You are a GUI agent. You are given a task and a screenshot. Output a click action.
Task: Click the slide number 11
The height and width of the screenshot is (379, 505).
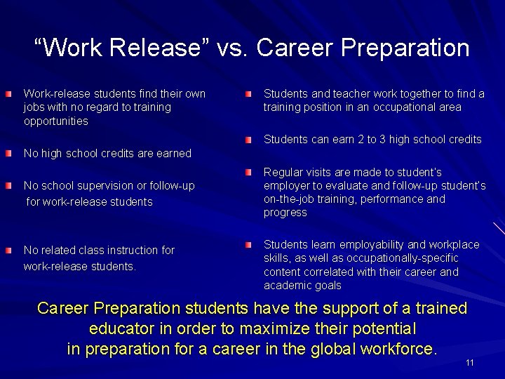click(470, 363)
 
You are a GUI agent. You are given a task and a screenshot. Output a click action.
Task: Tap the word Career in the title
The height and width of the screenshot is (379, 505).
click(297, 48)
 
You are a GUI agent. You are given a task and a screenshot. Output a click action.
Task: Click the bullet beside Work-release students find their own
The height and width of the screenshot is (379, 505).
click(8, 93)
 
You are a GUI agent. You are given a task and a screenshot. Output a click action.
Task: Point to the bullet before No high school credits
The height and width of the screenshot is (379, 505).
click(8, 153)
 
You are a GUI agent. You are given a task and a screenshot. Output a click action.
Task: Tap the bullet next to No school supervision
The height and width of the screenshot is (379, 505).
click(8, 186)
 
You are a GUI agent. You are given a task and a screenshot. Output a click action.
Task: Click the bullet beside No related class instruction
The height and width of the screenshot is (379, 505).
click(8, 250)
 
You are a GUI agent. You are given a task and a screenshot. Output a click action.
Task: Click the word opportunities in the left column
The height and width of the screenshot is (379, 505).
click(56, 121)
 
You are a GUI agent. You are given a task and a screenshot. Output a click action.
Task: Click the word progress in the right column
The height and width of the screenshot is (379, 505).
click(285, 213)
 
